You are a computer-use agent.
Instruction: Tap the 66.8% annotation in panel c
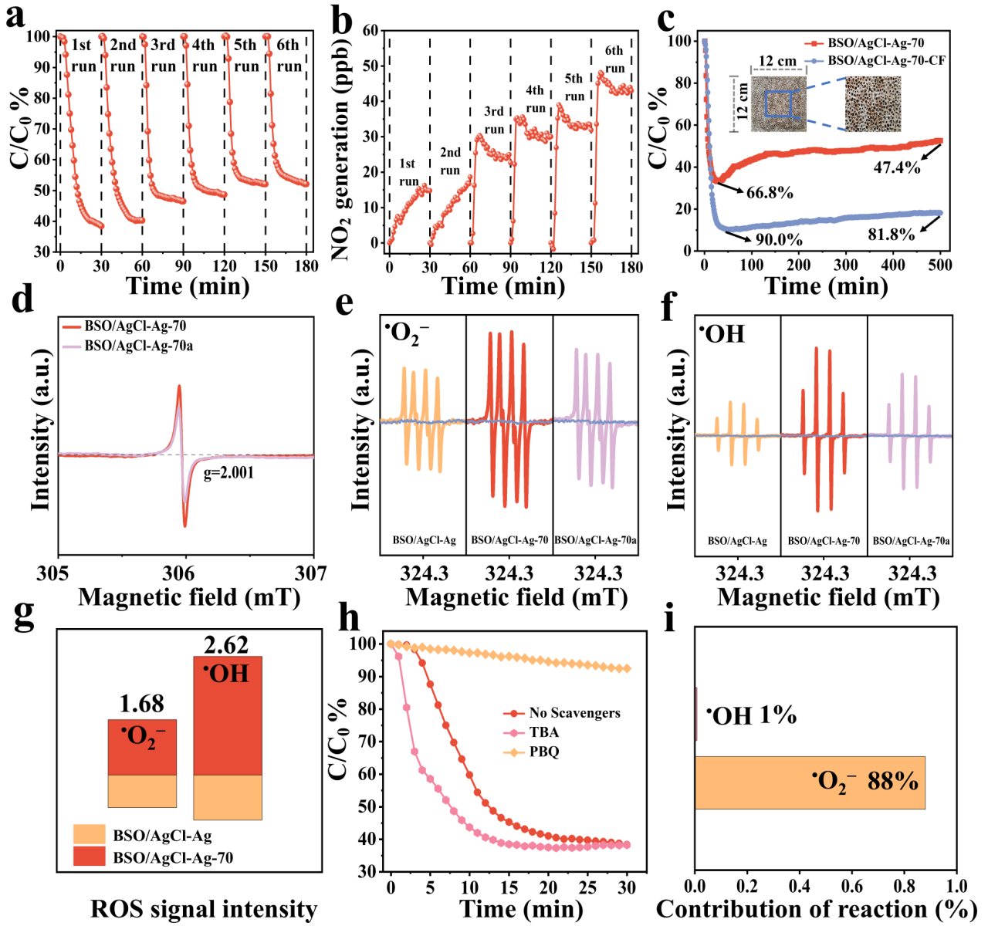[770, 193]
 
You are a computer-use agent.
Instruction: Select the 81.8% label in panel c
[891, 235]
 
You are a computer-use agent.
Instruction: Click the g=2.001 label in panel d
[228, 473]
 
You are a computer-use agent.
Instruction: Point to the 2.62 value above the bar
[226, 644]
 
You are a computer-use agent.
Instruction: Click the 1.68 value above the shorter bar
[141, 704]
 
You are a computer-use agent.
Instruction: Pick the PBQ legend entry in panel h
[543, 752]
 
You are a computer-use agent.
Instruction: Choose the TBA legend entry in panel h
[543, 732]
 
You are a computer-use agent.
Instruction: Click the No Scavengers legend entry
[574, 713]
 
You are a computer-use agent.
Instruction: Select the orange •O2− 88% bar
[809, 782]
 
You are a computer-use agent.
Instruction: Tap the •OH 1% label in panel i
[751, 715]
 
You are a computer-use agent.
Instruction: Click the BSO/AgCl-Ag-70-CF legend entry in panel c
[886, 60]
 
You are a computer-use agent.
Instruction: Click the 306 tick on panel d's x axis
[185, 573]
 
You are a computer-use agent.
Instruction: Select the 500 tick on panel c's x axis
[939, 265]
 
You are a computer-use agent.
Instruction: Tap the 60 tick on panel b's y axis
[370, 31]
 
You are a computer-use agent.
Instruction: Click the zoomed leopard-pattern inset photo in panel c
[872, 104]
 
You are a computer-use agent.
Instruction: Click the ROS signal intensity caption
[204, 909]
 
